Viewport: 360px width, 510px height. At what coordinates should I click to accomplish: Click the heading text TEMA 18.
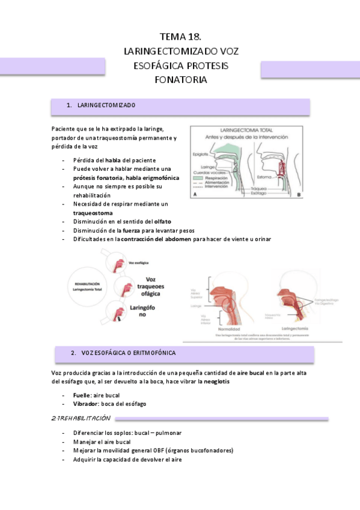point(180,37)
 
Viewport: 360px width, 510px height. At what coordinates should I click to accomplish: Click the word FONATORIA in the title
point(180,79)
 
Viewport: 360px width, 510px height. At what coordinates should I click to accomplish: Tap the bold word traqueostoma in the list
point(93,213)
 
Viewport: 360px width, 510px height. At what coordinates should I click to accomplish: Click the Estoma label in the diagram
point(265,177)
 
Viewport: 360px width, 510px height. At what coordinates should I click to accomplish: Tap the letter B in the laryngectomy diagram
point(299,195)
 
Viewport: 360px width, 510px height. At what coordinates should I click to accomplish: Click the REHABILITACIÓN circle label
point(88,283)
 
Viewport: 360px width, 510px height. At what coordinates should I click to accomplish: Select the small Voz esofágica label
point(139,263)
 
